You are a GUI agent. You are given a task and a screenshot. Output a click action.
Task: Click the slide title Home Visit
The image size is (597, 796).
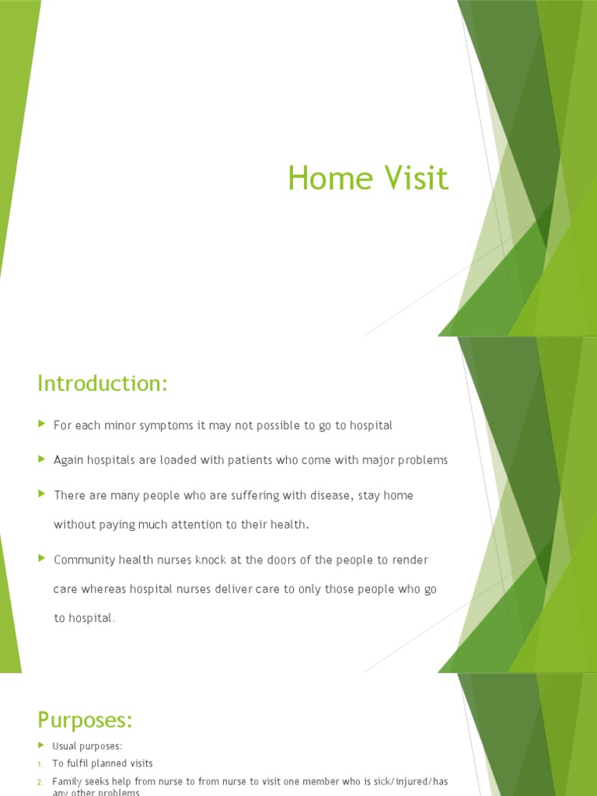pyautogui.click(x=368, y=178)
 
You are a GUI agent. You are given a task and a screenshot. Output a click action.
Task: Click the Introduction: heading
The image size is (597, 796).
pyautogui.click(x=103, y=383)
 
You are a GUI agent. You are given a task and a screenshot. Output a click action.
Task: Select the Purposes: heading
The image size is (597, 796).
pyautogui.click(x=86, y=720)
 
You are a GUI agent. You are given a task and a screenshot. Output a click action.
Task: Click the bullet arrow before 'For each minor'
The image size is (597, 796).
pyautogui.click(x=42, y=425)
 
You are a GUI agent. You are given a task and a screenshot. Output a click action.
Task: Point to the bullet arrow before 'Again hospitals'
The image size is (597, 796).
pyautogui.click(x=42, y=459)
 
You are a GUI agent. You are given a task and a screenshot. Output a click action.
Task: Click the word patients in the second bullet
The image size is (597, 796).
pyautogui.click(x=245, y=460)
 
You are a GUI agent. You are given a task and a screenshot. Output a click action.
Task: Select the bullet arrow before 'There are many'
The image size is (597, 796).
pyautogui.click(x=42, y=494)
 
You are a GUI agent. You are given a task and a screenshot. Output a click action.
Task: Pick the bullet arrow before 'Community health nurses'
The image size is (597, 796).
pyautogui.click(x=42, y=559)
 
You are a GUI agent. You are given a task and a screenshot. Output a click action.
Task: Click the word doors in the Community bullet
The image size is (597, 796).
pyautogui.click(x=309, y=560)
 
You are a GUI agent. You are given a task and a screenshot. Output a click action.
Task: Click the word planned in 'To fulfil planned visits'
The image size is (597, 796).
pyautogui.click(x=107, y=764)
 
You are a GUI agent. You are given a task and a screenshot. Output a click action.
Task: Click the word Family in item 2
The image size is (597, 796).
pyautogui.click(x=68, y=781)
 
